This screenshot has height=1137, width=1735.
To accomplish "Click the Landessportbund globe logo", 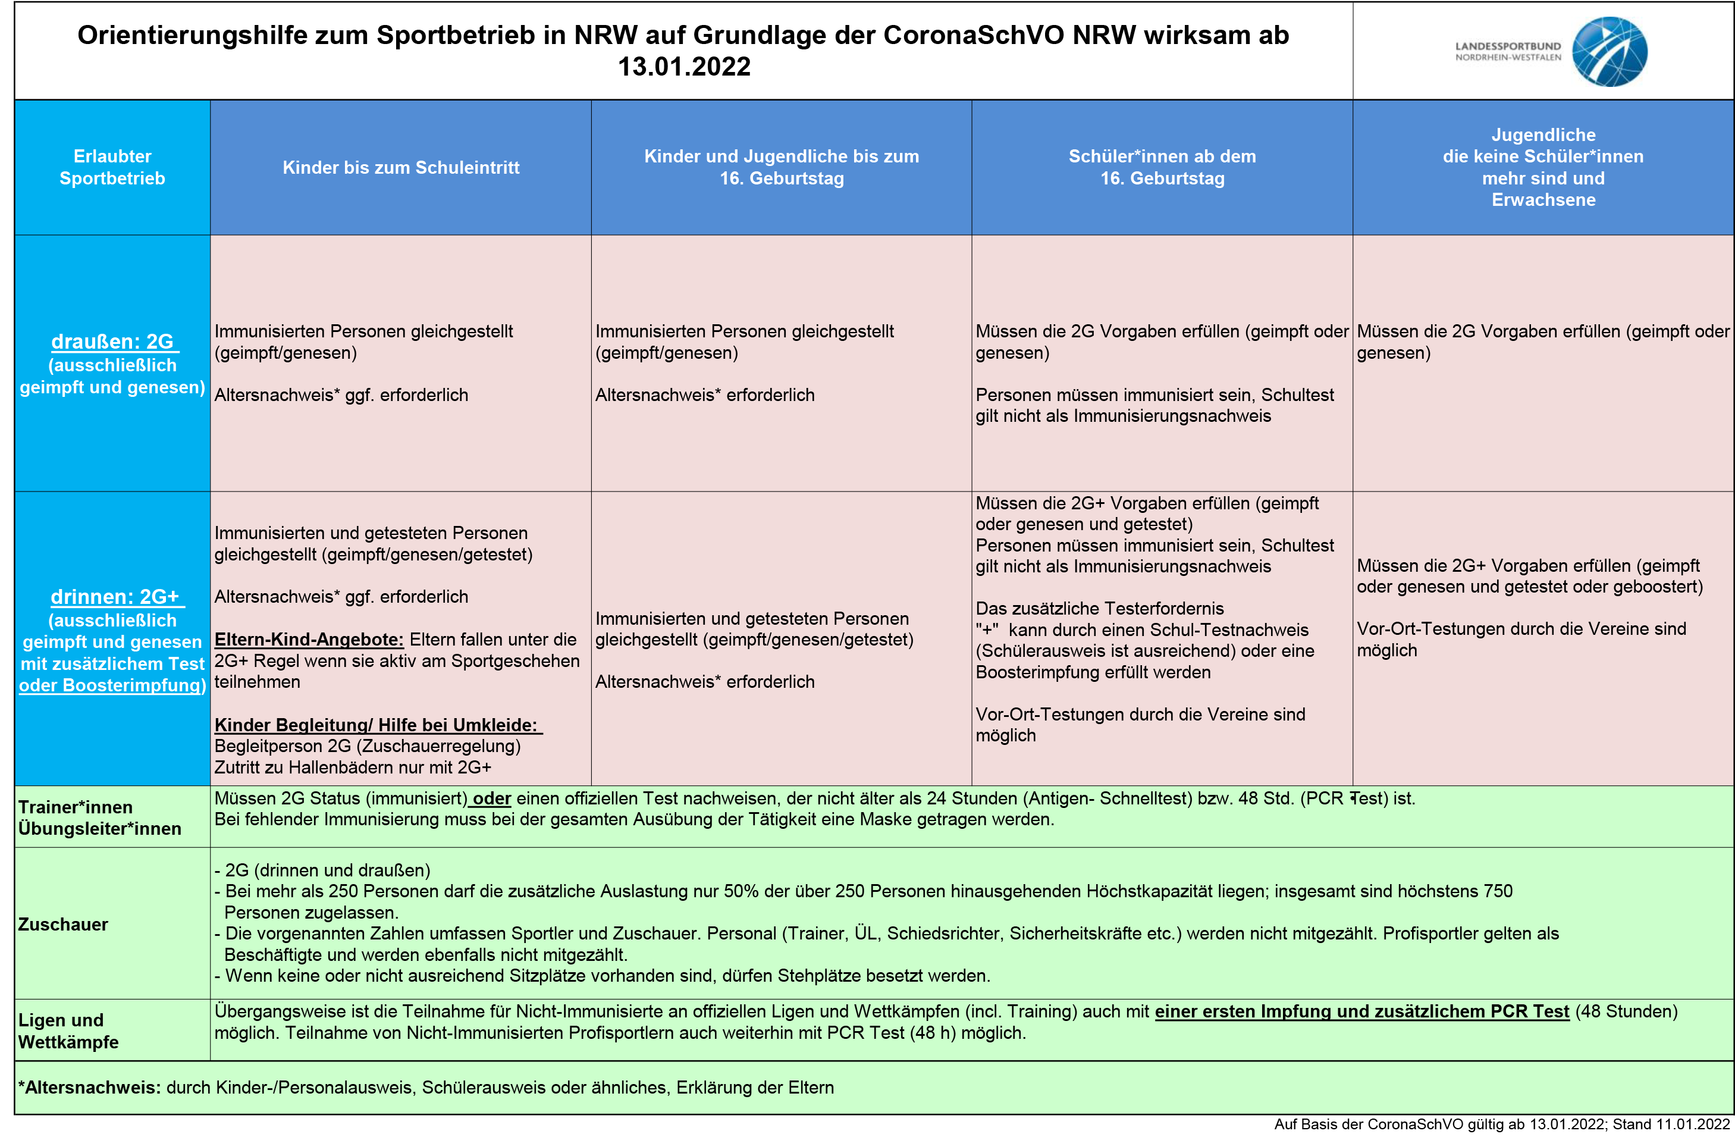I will pos(1609,52).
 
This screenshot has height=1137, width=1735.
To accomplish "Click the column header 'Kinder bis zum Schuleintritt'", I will pos(401,168).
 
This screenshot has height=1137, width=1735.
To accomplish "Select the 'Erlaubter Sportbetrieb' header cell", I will pos(112,167).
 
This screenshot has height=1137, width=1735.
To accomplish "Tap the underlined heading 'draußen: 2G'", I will pos(112,342).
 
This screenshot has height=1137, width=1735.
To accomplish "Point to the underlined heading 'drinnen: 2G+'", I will pos(114,597).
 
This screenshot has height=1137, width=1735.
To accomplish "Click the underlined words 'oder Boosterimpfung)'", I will pos(112,685).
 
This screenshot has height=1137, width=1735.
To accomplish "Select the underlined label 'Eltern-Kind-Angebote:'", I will pos(309,640).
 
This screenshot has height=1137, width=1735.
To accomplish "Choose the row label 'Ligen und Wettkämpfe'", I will pos(68,1030).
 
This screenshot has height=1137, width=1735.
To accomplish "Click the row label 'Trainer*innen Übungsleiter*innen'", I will pos(99,817).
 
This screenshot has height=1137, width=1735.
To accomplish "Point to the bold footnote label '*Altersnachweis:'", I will pos(89,1088).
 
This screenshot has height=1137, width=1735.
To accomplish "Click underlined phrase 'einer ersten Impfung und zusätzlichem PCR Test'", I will pos(1361,1011).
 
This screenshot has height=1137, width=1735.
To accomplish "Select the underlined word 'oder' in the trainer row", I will pos(492,798).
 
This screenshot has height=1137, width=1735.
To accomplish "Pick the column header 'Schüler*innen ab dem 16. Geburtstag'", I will pos(1162,167).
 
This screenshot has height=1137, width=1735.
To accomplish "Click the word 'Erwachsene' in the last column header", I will pos(1543,200).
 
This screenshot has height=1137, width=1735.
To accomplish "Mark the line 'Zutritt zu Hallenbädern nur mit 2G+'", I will pos(353,768).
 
